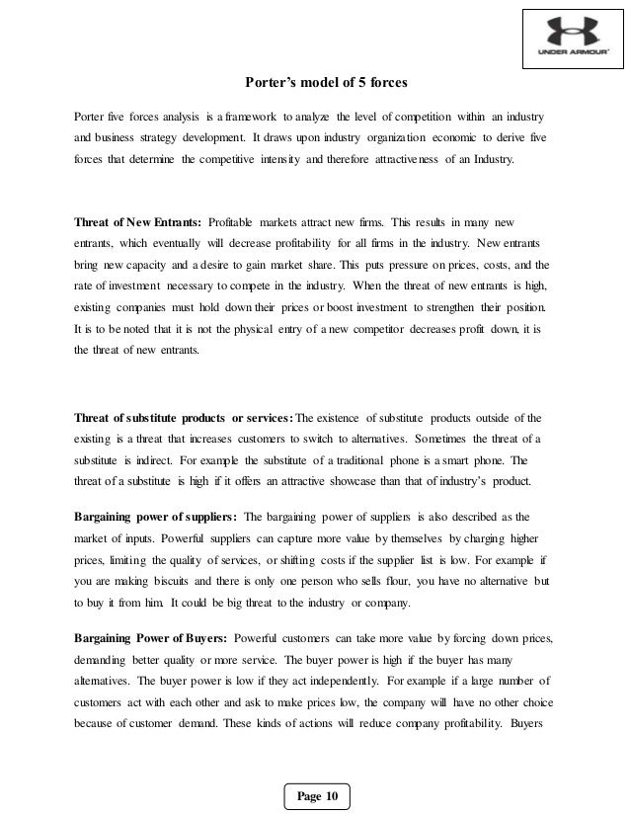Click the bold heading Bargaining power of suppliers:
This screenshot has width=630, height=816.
[156, 517]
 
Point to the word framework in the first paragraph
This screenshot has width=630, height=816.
[249, 107]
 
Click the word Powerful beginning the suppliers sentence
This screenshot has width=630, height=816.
[104, 538]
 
